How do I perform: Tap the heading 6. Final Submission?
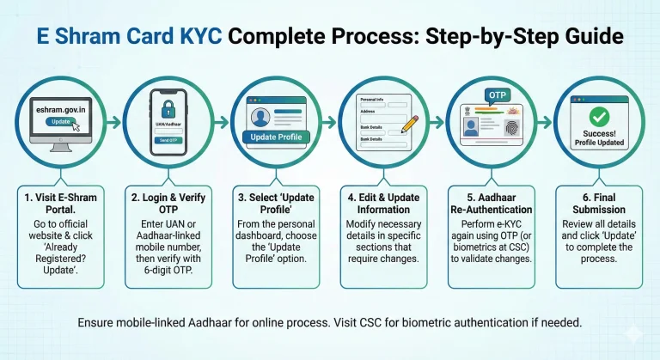point(605,204)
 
